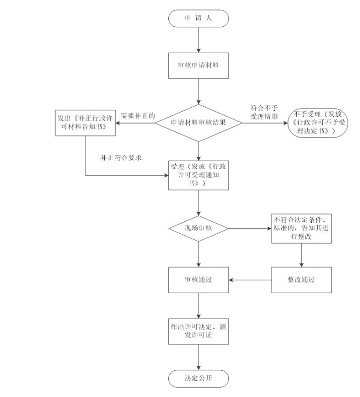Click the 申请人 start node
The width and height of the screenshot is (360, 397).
(199, 18)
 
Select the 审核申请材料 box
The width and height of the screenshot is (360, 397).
(199, 65)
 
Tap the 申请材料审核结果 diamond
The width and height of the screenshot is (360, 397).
(199, 122)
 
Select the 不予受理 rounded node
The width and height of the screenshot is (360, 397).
(316, 123)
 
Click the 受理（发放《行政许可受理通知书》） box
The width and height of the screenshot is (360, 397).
(199, 175)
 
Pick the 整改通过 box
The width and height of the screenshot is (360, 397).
(301, 279)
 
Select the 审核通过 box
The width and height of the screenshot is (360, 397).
(199, 279)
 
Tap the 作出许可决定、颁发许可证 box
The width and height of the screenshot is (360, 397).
(199, 331)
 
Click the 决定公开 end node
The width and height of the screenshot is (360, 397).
(199, 378)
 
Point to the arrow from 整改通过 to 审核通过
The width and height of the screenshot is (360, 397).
(250, 279)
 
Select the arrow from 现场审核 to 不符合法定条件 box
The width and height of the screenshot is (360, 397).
(250, 229)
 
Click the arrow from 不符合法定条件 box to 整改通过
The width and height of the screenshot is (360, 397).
(301, 255)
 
